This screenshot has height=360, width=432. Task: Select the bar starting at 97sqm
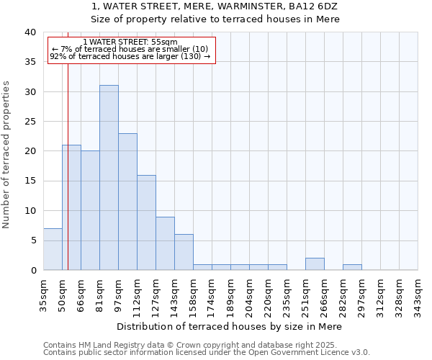tap(127, 202)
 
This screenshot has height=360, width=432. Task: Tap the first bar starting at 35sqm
tap(53, 249)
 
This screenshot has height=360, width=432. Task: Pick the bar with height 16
tap(146, 222)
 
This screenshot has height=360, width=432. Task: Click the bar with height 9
tap(165, 243)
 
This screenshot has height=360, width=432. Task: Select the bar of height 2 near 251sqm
tap(315, 264)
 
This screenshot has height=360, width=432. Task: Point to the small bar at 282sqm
tap(352, 267)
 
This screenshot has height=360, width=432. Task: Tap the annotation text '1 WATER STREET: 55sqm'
tap(130, 42)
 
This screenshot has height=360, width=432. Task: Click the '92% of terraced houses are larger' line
tap(130, 56)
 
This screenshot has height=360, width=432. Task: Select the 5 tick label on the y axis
tap(33, 240)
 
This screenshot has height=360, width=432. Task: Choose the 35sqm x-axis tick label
tap(44, 294)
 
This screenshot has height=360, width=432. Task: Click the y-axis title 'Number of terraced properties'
tap(7, 154)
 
